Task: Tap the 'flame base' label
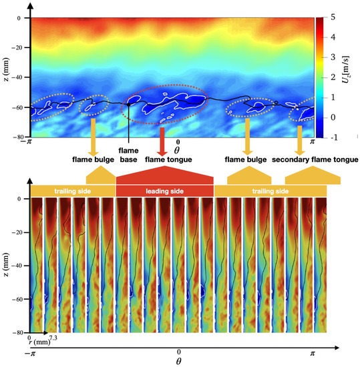click(x=128, y=155)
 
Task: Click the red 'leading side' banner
click(x=164, y=192)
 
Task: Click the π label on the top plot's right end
click(x=313, y=142)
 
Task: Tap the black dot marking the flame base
click(x=128, y=104)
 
